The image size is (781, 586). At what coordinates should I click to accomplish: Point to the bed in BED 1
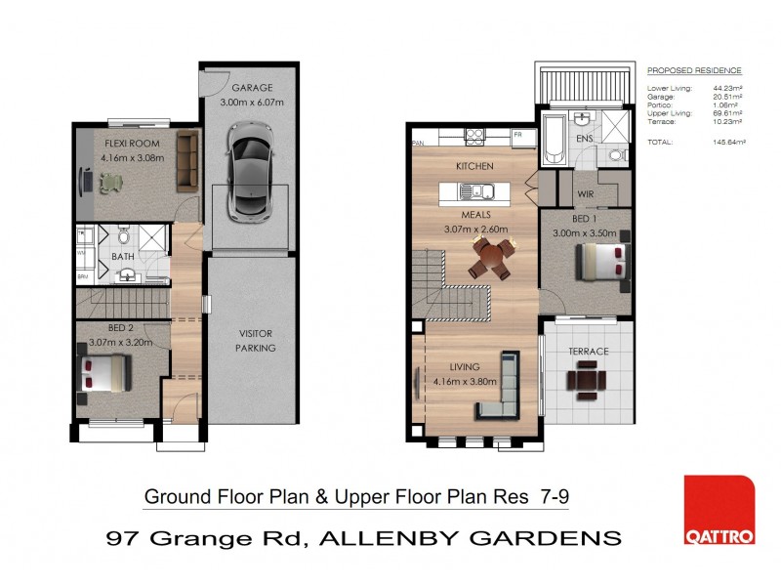[597, 263]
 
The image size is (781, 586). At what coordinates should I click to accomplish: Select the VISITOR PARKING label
[257, 340]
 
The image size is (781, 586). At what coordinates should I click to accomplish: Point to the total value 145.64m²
[728, 143]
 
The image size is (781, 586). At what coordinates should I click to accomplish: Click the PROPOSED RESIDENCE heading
[694, 70]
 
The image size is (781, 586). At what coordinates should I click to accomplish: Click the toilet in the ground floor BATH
[124, 234]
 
